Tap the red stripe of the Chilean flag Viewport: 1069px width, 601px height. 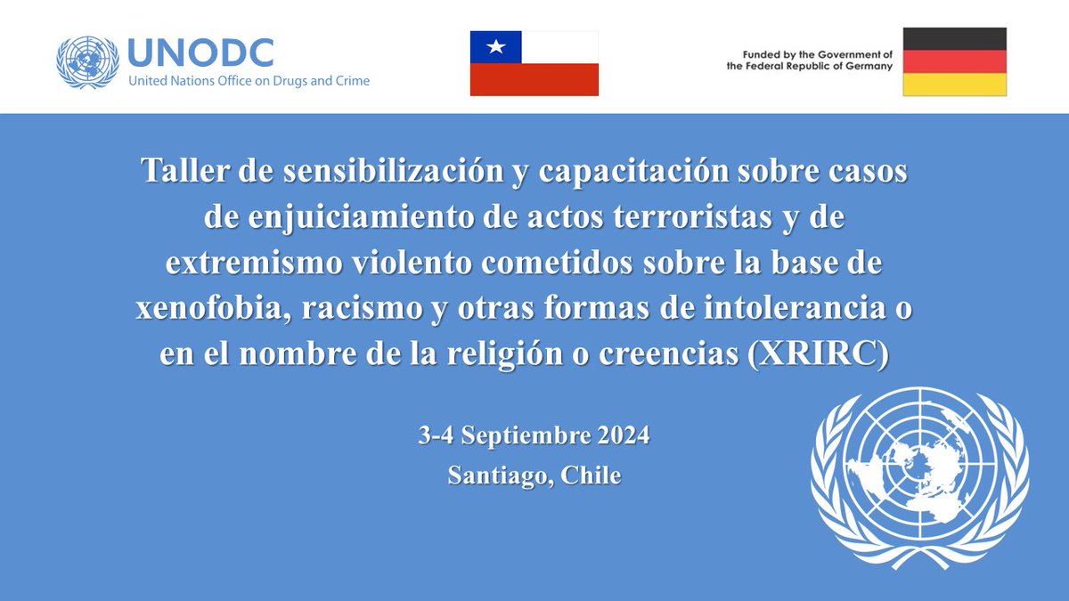[534, 79]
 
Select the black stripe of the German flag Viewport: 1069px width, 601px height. [954, 38]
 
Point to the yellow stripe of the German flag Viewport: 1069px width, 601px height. [954, 85]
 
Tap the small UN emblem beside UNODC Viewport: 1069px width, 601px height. [87, 61]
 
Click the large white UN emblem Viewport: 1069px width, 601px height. [918, 477]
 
